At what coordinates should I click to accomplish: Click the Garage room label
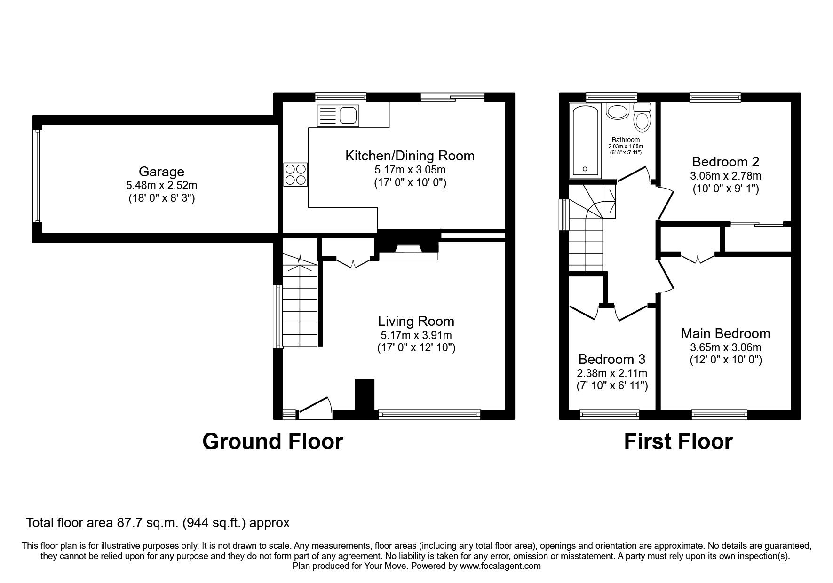(161, 172)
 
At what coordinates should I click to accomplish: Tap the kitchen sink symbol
(338, 115)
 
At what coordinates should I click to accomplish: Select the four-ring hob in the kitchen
(295, 174)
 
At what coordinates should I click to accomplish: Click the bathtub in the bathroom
(585, 141)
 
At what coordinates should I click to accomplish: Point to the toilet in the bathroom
(642, 118)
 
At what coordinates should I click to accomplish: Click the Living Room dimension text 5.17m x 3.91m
(416, 335)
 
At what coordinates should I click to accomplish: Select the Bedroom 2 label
(725, 162)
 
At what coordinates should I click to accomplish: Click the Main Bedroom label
(725, 333)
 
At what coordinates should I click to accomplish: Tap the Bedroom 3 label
(611, 359)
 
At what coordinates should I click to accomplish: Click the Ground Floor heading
(272, 441)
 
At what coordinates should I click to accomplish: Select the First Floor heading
(678, 441)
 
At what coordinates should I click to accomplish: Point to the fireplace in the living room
(408, 251)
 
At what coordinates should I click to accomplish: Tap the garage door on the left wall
(36, 175)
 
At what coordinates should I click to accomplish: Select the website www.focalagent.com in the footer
(500, 566)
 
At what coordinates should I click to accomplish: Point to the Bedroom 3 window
(609, 414)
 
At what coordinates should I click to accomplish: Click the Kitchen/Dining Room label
(410, 156)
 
